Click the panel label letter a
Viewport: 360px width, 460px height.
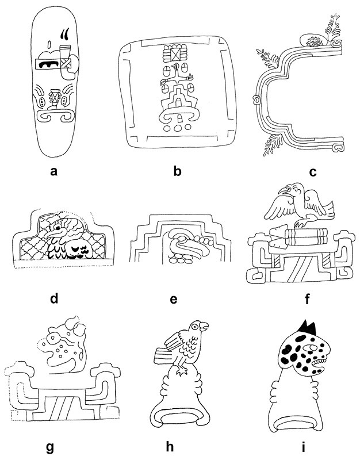(53, 171)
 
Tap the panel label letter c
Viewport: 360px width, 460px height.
(313, 171)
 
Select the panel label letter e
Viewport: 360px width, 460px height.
(174, 299)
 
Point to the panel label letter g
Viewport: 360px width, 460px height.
(50, 448)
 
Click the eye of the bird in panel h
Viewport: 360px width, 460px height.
(194, 327)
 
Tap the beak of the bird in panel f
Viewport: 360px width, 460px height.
(282, 191)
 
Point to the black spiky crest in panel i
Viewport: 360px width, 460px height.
(308, 328)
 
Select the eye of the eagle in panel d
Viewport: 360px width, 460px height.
(58, 227)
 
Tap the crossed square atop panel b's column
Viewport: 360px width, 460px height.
(175, 55)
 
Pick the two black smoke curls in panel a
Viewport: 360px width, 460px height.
(65, 33)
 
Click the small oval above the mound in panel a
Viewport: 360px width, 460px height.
(49, 45)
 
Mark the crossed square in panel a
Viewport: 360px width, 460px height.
(66, 63)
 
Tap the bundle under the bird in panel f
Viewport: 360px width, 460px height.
(298, 236)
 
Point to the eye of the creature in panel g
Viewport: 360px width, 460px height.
(53, 338)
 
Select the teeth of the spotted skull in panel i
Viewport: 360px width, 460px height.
(320, 363)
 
